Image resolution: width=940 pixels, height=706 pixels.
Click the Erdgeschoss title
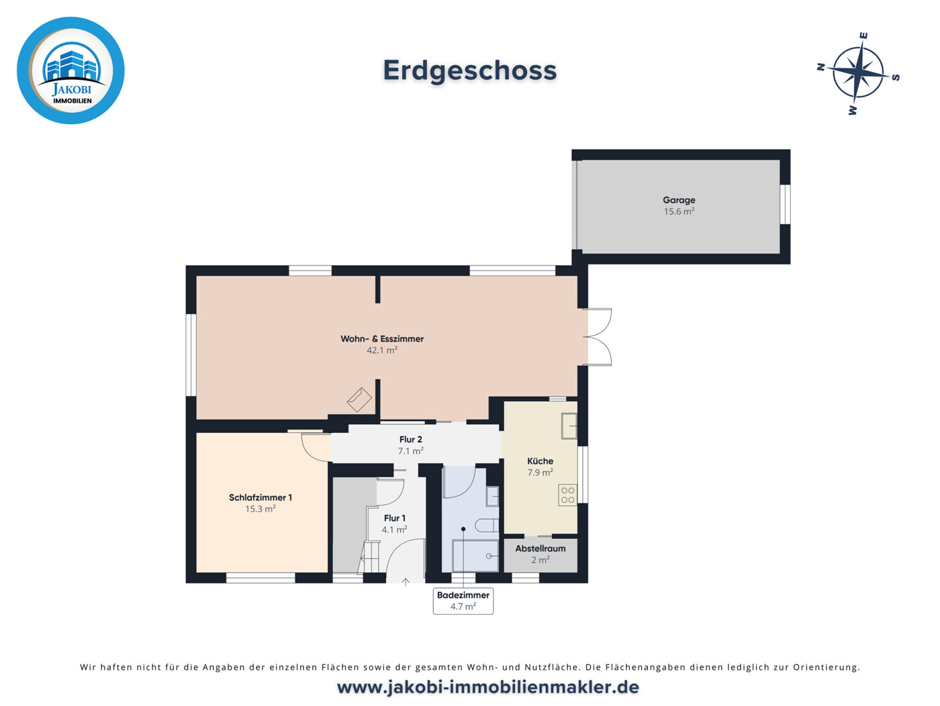point(469,70)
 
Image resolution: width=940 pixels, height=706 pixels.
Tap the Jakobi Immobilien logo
point(70,70)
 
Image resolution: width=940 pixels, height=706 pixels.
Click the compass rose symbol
point(858,73)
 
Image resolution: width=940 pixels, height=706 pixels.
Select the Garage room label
point(679,200)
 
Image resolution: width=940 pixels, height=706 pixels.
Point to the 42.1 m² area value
point(382,350)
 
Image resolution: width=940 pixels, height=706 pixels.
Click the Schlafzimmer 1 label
point(261,497)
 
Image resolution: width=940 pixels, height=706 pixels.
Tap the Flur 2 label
point(410,440)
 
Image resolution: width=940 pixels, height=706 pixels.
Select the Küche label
point(540,461)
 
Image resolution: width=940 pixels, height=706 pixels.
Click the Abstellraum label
point(540,548)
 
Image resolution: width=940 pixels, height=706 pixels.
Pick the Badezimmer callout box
point(463,601)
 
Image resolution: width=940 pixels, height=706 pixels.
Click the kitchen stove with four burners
point(567,495)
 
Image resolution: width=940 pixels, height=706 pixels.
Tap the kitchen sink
point(569,425)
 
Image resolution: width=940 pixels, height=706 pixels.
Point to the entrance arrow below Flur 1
point(406,582)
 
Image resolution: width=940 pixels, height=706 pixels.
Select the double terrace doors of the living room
point(598,337)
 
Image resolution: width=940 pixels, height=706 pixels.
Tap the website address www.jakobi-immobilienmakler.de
point(487,687)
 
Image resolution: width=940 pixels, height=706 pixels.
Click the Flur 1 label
point(394,518)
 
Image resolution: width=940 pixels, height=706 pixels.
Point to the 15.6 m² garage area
point(679,211)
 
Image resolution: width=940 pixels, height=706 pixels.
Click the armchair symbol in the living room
point(359,399)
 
